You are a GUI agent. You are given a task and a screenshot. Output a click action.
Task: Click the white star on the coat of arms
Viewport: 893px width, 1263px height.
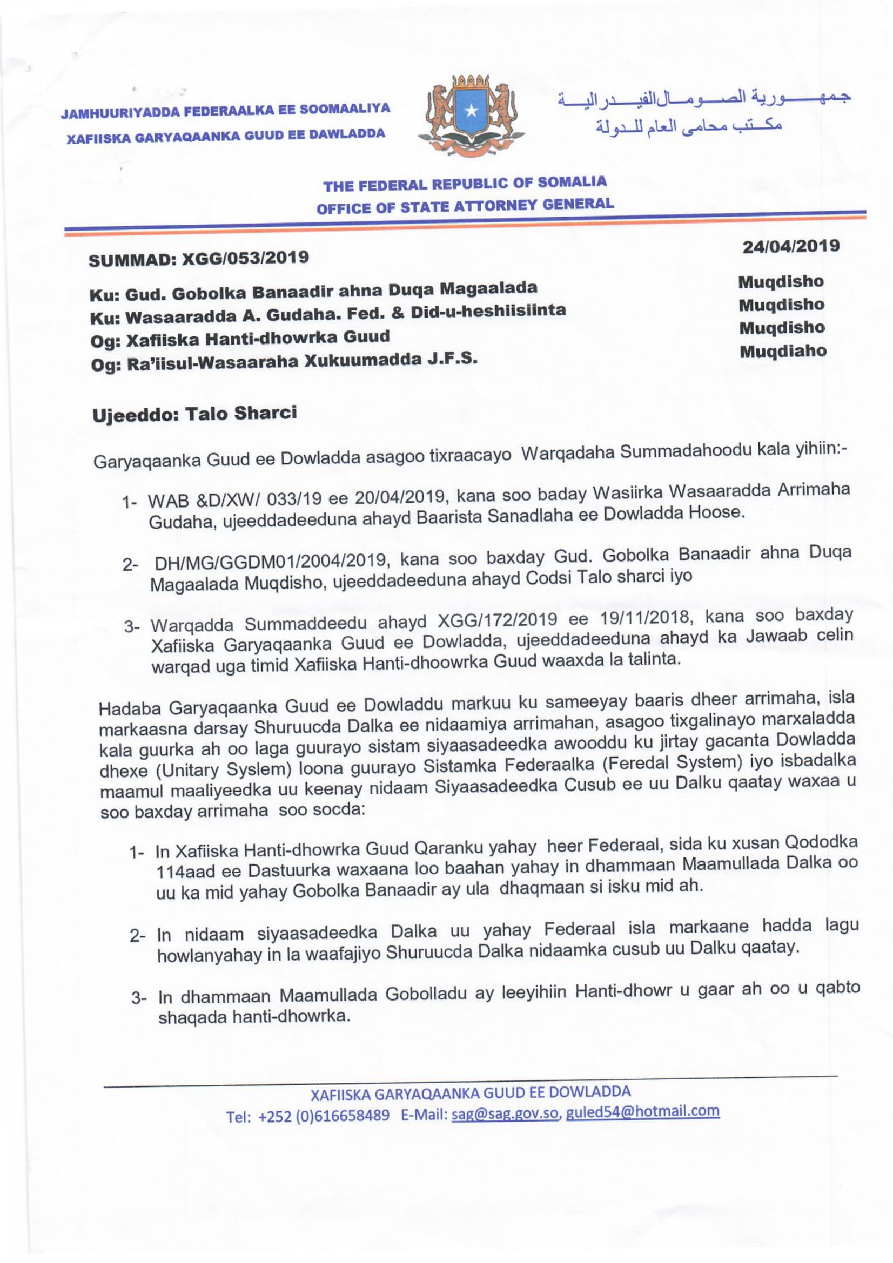(x=471, y=112)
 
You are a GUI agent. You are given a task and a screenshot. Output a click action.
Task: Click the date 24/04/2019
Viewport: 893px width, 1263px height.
(x=791, y=246)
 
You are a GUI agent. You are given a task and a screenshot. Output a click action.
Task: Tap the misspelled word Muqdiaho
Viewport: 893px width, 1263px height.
(x=783, y=352)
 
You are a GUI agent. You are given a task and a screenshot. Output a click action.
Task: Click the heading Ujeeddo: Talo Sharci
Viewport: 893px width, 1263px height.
(x=194, y=414)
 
